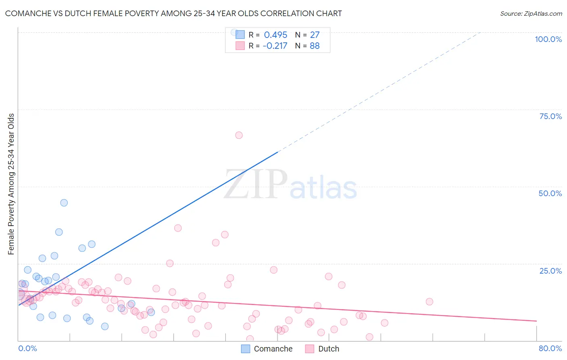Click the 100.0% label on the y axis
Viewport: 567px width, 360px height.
click(x=548, y=39)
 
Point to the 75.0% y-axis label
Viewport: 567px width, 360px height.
click(x=550, y=116)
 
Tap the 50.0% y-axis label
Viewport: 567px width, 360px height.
click(x=550, y=193)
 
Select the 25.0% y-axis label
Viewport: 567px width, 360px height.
click(x=550, y=271)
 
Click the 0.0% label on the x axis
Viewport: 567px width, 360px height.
click(x=27, y=348)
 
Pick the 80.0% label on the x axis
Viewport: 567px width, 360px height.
click(x=550, y=348)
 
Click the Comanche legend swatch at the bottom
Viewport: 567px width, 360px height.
click(x=246, y=349)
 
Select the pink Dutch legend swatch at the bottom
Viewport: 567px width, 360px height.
click(x=310, y=349)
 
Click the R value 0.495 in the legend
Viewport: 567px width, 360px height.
click(x=275, y=35)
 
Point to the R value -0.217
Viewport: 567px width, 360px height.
click(x=275, y=46)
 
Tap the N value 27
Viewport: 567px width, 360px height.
click(x=315, y=35)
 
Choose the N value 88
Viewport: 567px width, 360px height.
click(x=315, y=46)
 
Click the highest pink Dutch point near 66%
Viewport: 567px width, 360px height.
click(x=239, y=135)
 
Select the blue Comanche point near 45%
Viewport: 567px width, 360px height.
click(x=64, y=203)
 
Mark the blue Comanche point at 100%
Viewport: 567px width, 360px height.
click(x=234, y=32)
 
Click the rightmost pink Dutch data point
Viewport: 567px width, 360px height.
click(x=429, y=302)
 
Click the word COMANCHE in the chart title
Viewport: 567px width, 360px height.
click(x=27, y=13)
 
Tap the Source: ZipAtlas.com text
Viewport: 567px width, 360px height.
click(x=531, y=13)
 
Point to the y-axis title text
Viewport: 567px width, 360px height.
click(x=11, y=184)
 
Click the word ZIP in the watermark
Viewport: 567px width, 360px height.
click(x=255, y=185)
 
